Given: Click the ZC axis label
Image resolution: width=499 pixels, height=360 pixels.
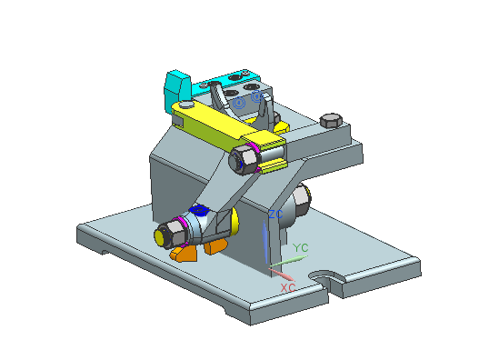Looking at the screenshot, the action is (275, 215).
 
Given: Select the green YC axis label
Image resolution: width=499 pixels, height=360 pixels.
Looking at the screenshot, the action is (301, 247).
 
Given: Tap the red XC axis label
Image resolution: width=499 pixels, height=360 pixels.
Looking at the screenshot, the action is (288, 288).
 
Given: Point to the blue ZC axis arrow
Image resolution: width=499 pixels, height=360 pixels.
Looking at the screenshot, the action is (264, 242).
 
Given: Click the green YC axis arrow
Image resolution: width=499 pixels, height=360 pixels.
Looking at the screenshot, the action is (289, 261).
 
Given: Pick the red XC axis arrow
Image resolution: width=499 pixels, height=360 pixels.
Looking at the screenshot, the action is (281, 275).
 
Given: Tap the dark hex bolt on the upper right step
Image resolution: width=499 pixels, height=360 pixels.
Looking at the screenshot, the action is (331, 120).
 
